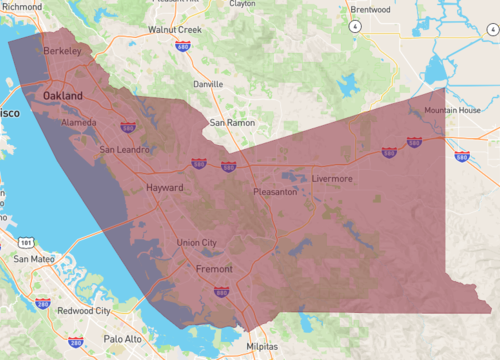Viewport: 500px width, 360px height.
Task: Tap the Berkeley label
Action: (62, 49)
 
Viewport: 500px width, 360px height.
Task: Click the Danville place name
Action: (208, 84)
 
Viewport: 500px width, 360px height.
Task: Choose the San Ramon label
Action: (232, 122)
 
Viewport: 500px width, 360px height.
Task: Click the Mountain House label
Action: (452, 110)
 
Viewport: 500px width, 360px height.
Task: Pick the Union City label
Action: (196, 243)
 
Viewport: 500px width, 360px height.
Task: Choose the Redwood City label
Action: (84, 311)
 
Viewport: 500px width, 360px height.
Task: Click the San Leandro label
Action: (124, 150)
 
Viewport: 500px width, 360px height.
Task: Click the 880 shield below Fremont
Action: (221, 292)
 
